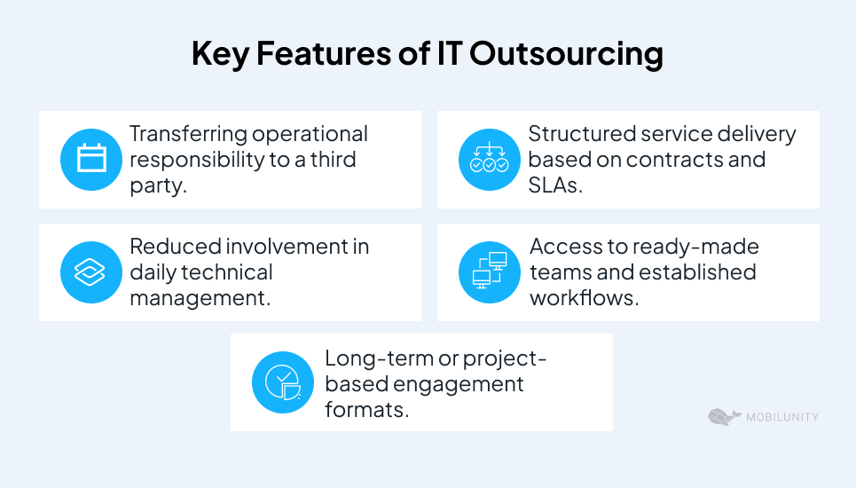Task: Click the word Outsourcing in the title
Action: pyautogui.click(x=566, y=55)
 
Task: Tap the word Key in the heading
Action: pyautogui.click(x=221, y=55)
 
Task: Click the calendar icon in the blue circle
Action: pyautogui.click(x=91, y=159)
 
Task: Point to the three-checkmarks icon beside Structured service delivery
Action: pyautogui.click(x=489, y=159)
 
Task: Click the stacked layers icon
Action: pyautogui.click(x=90, y=272)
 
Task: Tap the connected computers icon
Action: pyautogui.click(x=490, y=271)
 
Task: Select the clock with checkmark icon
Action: pyautogui.click(x=283, y=382)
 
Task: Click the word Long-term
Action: pyautogui.click(x=378, y=358)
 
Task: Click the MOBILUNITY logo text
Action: pyautogui.click(x=782, y=417)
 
